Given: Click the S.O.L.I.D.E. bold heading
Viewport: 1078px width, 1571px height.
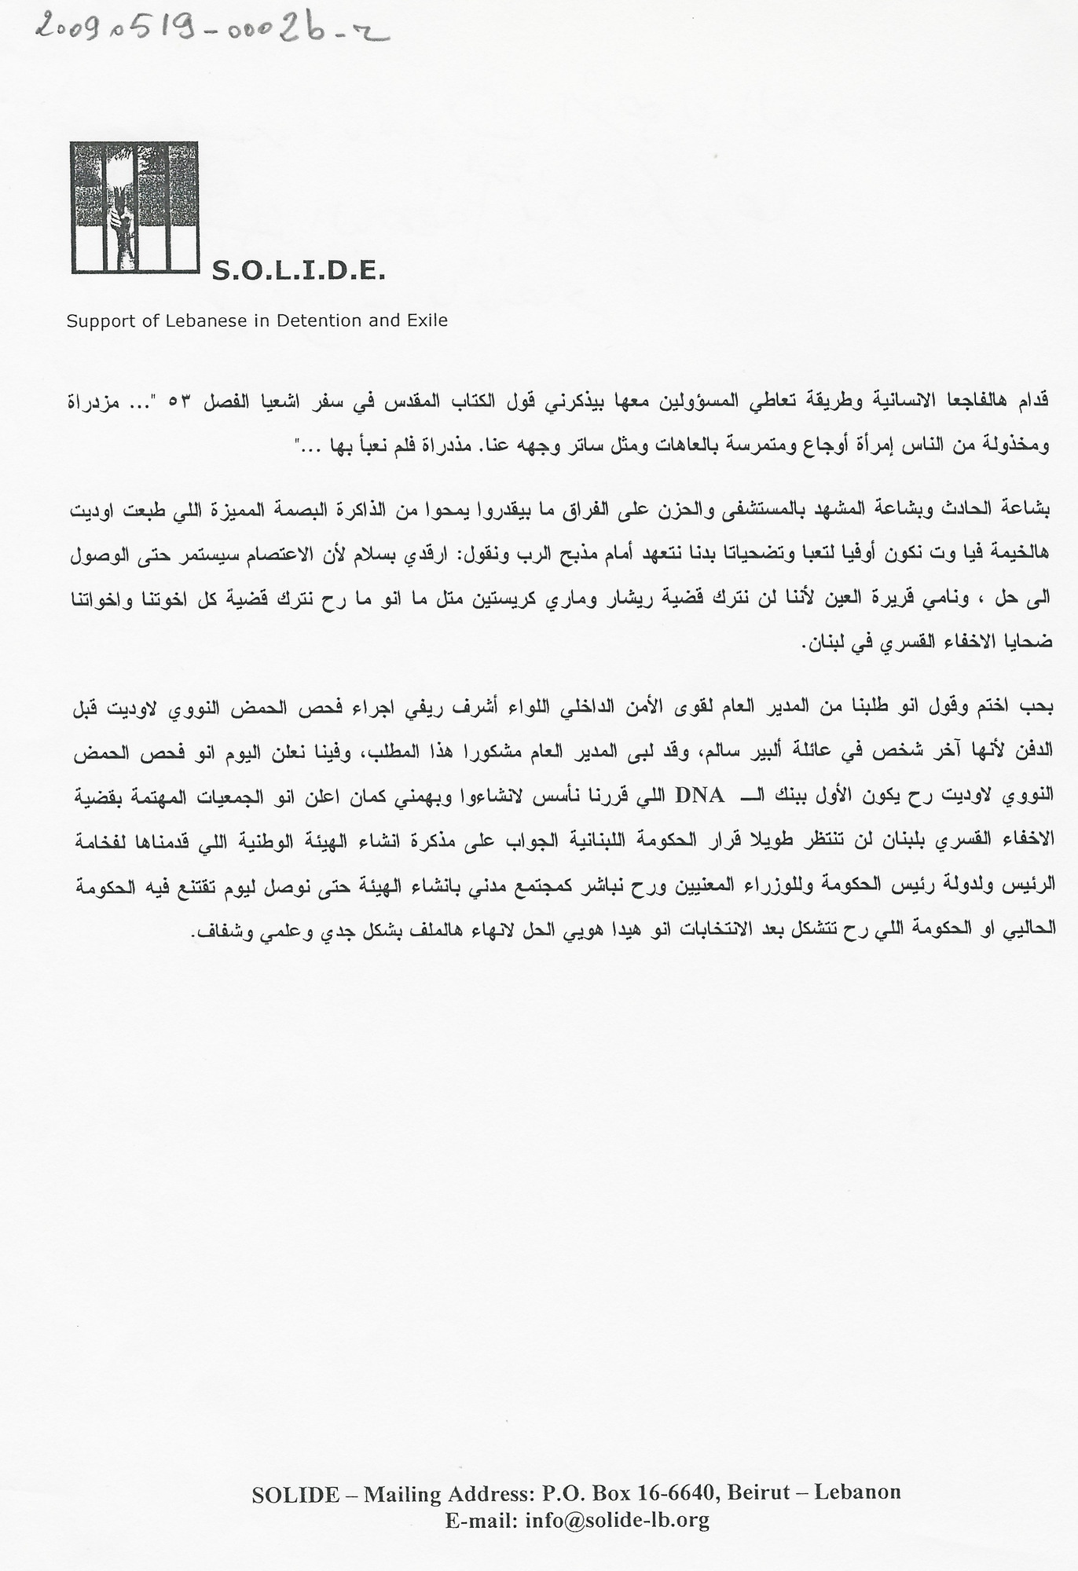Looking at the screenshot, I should pos(299,273).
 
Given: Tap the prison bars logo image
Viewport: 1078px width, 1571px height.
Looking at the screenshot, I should pos(134,207).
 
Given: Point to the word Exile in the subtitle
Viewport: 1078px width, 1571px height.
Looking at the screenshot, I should pos(427,320).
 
